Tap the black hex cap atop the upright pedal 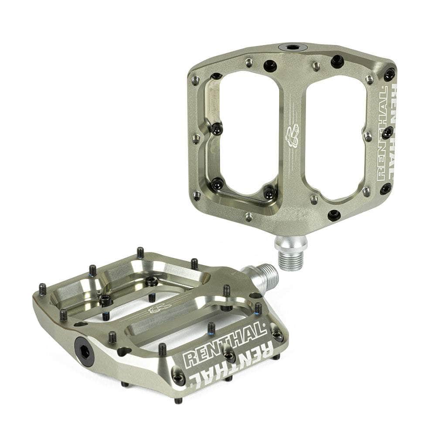tap(293, 47)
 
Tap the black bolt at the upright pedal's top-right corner tap(389, 74)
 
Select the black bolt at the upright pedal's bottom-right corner tap(385, 188)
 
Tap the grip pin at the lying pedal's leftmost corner tap(42, 289)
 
